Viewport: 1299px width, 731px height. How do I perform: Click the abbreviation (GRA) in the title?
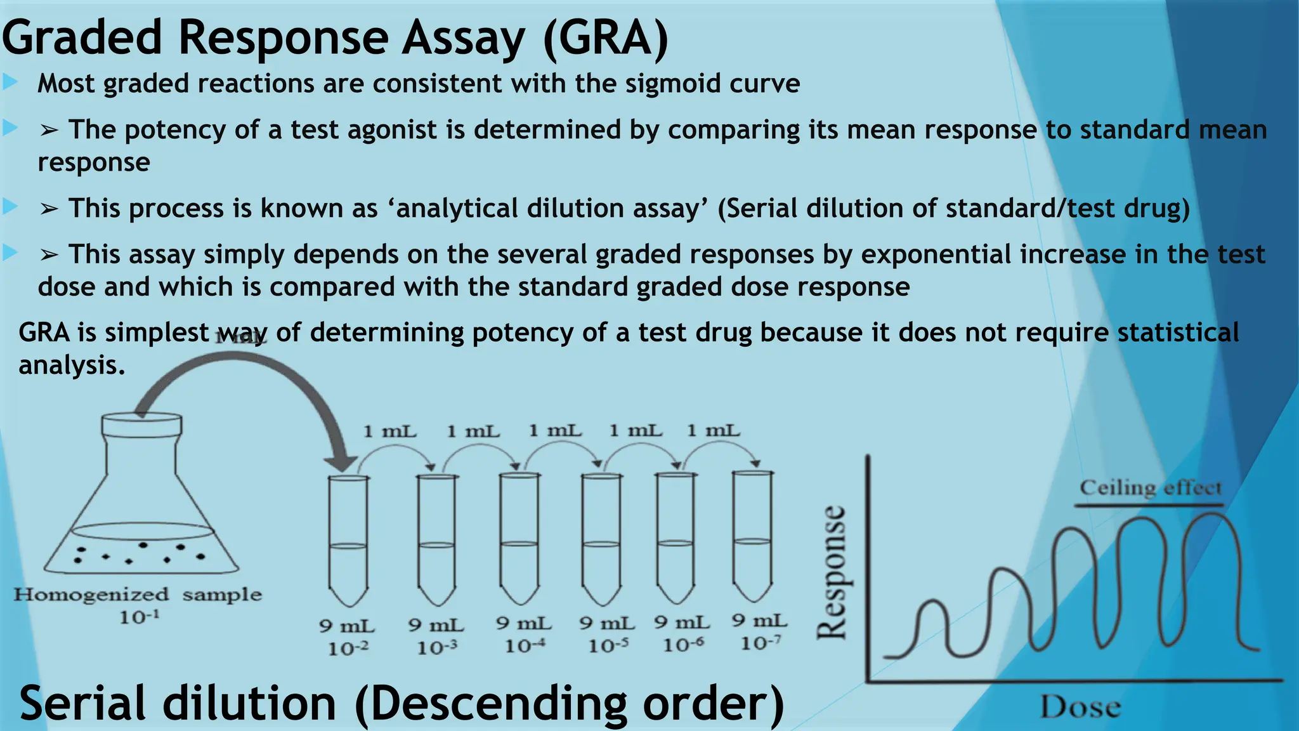606,38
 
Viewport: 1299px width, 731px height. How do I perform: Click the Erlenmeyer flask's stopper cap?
142,425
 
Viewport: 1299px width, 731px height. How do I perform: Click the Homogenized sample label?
138,595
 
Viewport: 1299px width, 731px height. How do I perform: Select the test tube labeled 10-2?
348,539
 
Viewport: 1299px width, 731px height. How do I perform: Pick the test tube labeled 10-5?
601,539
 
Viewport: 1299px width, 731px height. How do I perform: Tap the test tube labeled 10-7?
753,536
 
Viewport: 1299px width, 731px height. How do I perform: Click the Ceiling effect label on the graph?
1150,488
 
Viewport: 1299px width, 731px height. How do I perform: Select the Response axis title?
832,572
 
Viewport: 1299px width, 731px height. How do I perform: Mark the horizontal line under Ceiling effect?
1149,506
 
